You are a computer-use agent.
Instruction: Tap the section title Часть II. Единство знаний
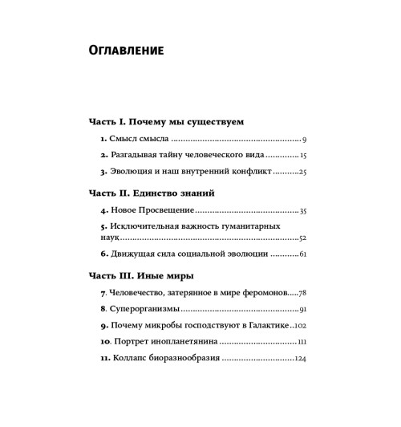pyautogui.click(x=150, y=193)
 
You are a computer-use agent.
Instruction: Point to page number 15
pyautogui.click(x=303, y=155)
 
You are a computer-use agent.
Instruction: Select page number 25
pyautogui.click(x=302, y=171)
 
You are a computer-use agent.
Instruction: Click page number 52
pyautogui.click(x=302, y=238)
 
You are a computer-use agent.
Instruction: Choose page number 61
pyautogui.click(x=302, y=254)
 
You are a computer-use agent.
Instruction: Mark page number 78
pyautogui.click(x=302, y=294)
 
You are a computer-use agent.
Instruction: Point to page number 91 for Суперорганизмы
pyautogui.click(x=302, y=310)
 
